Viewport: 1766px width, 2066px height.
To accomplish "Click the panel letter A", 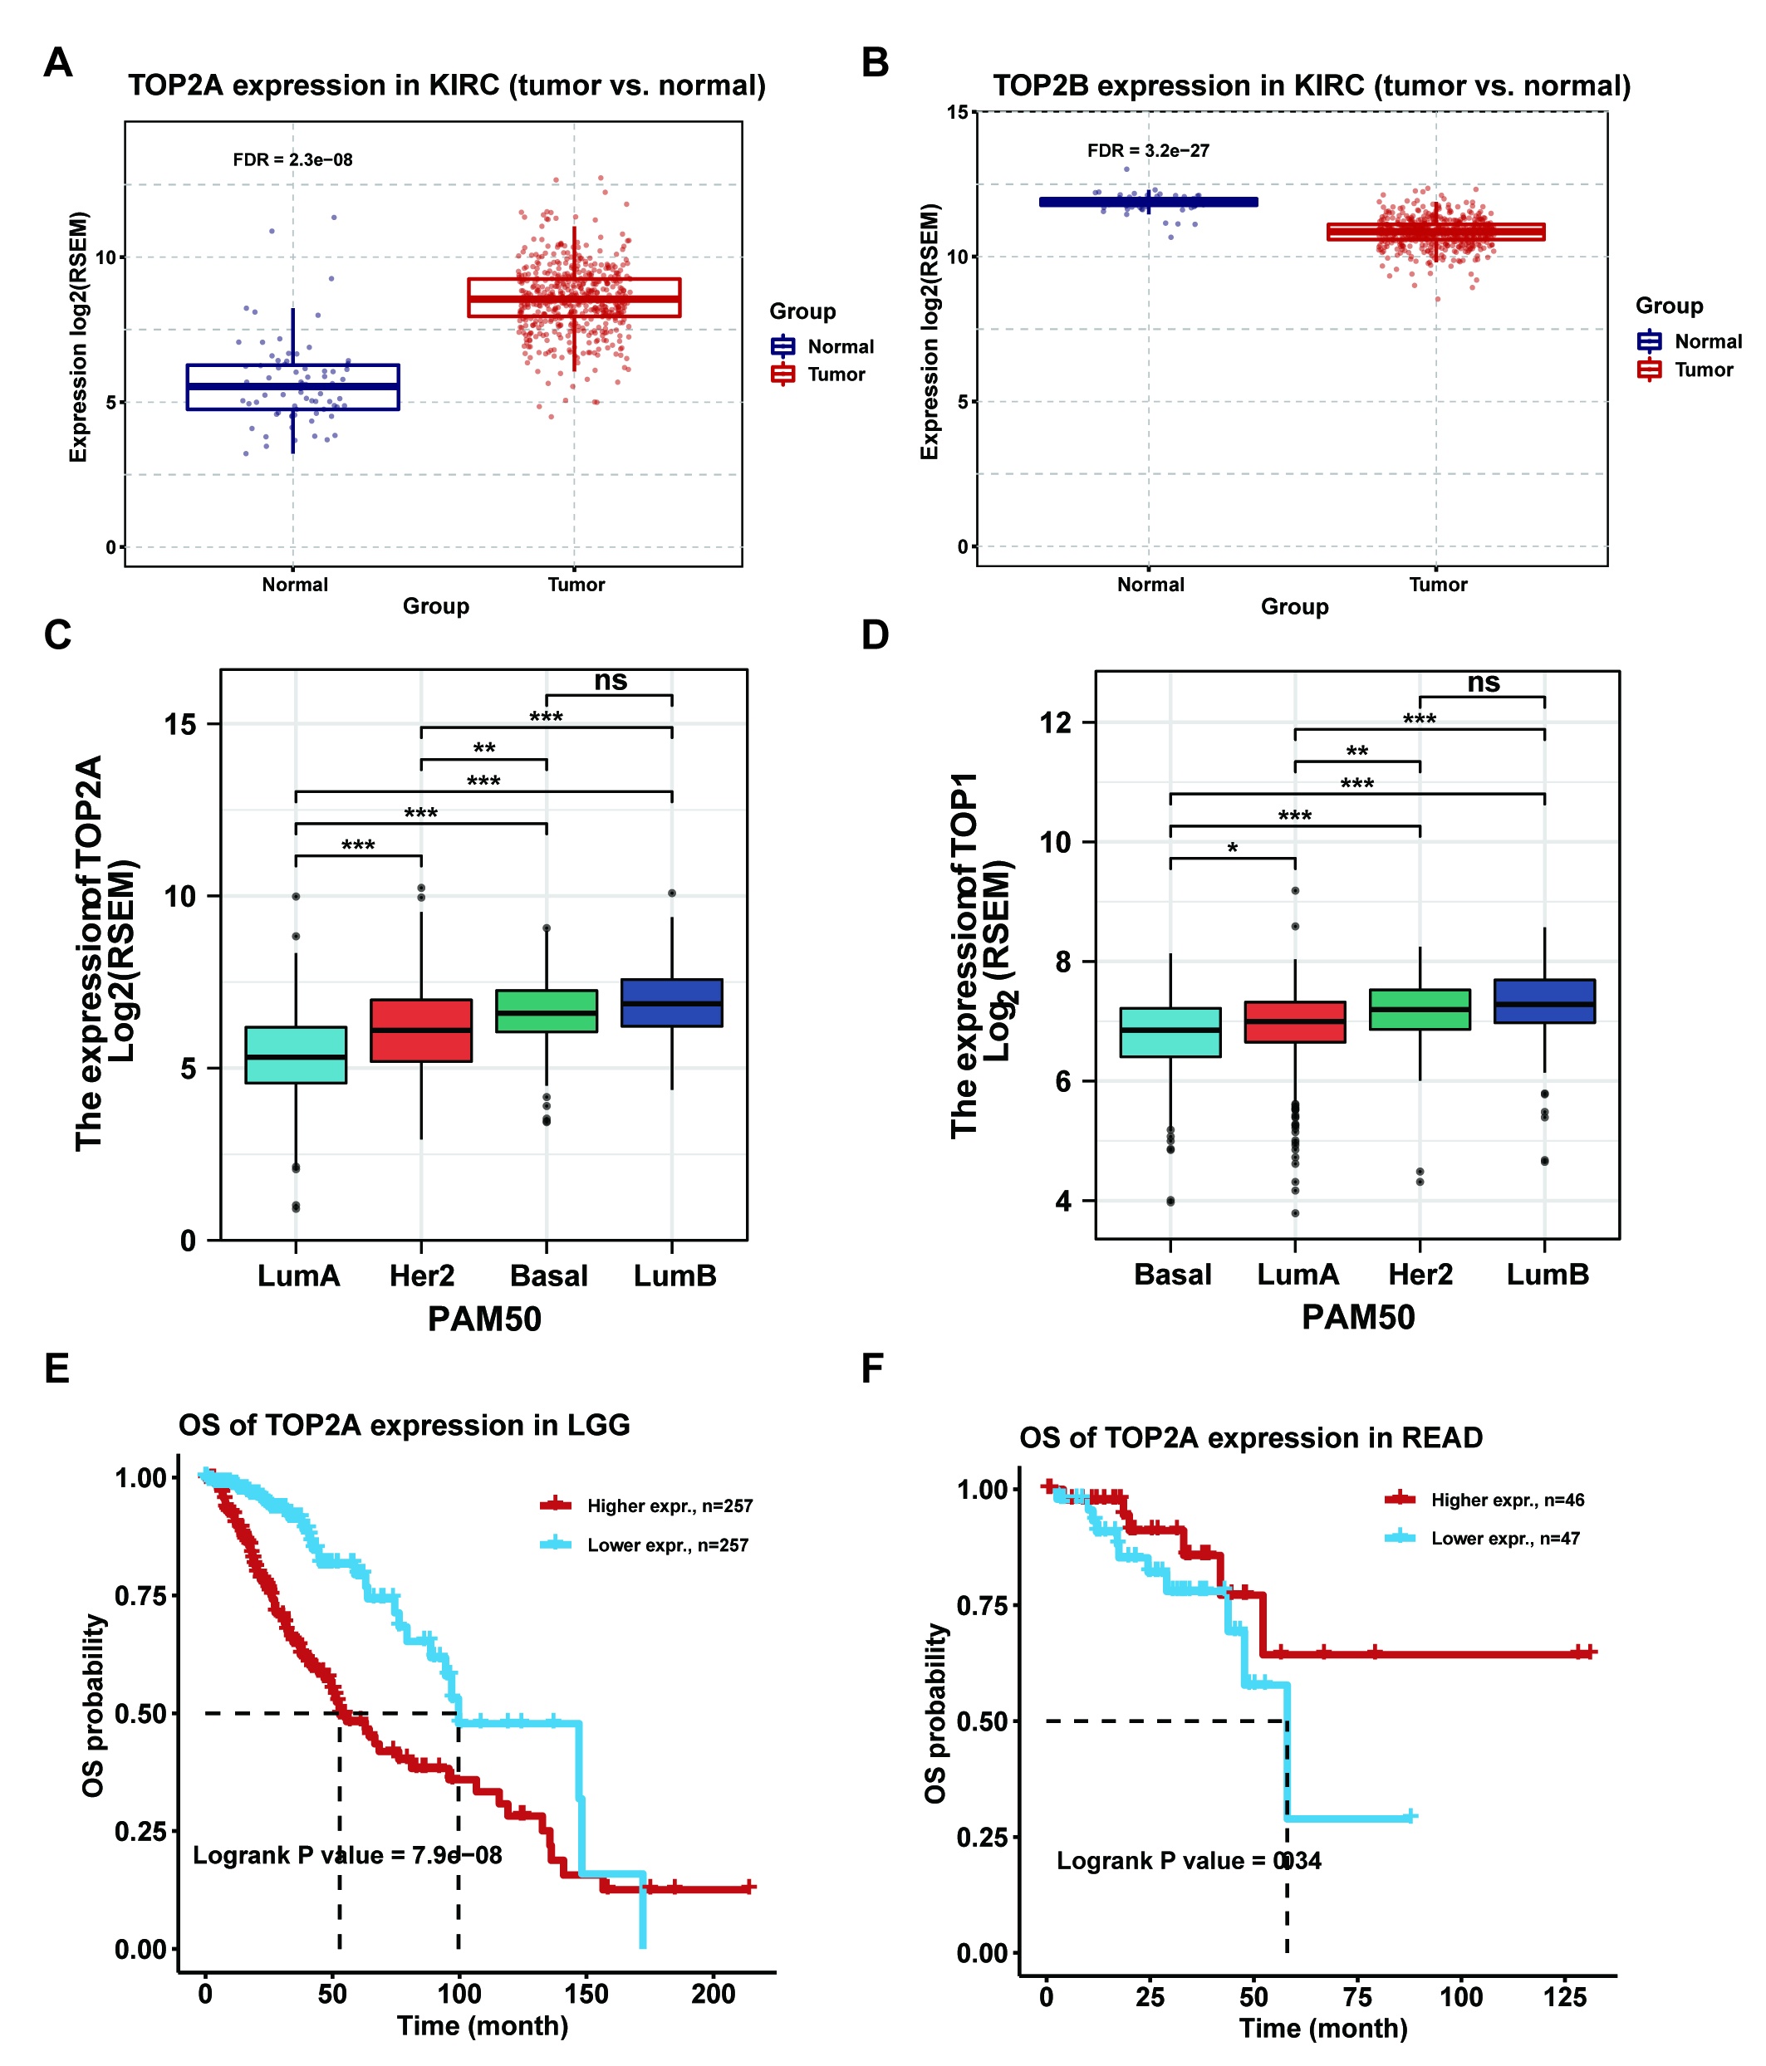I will tap(58, 63).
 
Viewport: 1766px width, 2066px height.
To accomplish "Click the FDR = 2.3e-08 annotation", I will tap(292, 159).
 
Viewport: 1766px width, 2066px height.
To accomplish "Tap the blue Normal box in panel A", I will tap(292, 387).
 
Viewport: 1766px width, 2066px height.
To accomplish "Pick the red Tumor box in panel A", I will tap(573, 297).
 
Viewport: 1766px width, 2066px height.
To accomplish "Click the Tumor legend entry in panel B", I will tap(1702, 370).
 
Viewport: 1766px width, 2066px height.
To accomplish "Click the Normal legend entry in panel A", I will tap(840, 346).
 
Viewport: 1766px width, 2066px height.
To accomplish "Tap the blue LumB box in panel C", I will tap(671, 1002).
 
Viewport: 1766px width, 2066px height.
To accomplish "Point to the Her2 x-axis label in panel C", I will tap(421, 1275).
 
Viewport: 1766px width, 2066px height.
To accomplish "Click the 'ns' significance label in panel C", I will tap(611, 681).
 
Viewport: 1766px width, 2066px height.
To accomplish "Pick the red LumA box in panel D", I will tap(1294, 1022).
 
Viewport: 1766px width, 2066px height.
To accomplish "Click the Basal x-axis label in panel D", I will tap(1172, 1275).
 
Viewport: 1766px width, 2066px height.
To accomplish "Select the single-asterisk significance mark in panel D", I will tap(1232, 849).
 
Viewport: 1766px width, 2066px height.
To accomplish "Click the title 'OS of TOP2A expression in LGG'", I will tap(404, 1425).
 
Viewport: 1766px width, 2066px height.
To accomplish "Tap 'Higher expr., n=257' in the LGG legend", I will tap(670, 1505).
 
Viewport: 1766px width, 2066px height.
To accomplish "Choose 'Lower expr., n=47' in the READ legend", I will tap(1504, 1539).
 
